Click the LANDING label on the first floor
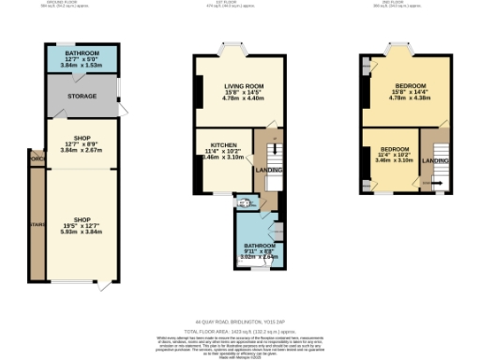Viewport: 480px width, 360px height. pos(269,170)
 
